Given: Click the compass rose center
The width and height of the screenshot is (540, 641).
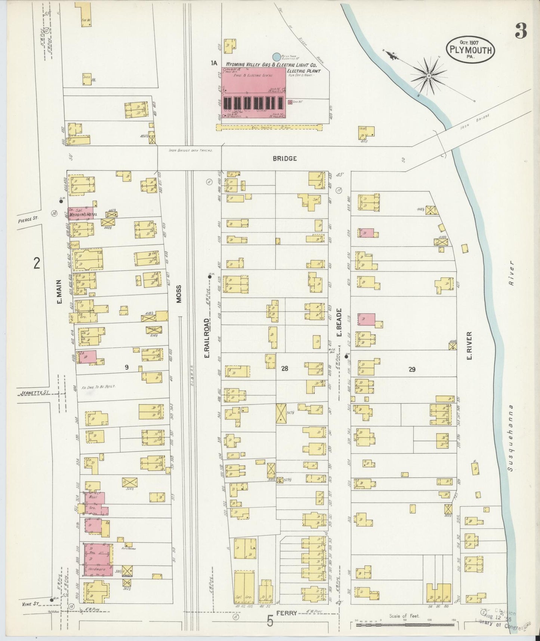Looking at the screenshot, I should click(429, 76).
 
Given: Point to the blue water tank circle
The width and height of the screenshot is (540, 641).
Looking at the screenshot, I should click(276, 57).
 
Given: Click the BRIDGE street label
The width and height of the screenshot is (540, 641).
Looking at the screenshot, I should click(284, 159).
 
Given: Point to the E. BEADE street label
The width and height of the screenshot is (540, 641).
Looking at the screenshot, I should click(339, 322).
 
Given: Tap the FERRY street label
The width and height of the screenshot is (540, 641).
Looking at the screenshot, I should click(287, 613).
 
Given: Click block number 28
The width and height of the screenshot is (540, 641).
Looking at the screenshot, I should click(284, 369).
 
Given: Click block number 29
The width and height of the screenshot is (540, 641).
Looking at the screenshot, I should click(412, 369).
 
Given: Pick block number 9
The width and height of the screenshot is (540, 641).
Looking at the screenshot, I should click(127, 368).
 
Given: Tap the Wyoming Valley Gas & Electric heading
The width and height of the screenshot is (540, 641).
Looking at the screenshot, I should click(271, 65).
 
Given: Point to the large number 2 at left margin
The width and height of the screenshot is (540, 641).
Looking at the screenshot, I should click(36, 264).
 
